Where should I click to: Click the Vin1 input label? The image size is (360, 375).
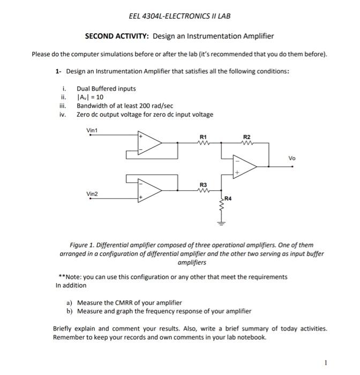93,130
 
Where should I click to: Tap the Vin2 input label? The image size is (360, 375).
93,193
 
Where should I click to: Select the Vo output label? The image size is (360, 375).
291,159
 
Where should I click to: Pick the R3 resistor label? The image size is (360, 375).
202,184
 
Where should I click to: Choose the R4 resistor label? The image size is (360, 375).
228,199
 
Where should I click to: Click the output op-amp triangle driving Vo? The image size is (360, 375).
244,167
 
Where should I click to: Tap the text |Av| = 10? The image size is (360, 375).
90,97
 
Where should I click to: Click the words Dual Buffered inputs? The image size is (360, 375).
106,89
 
